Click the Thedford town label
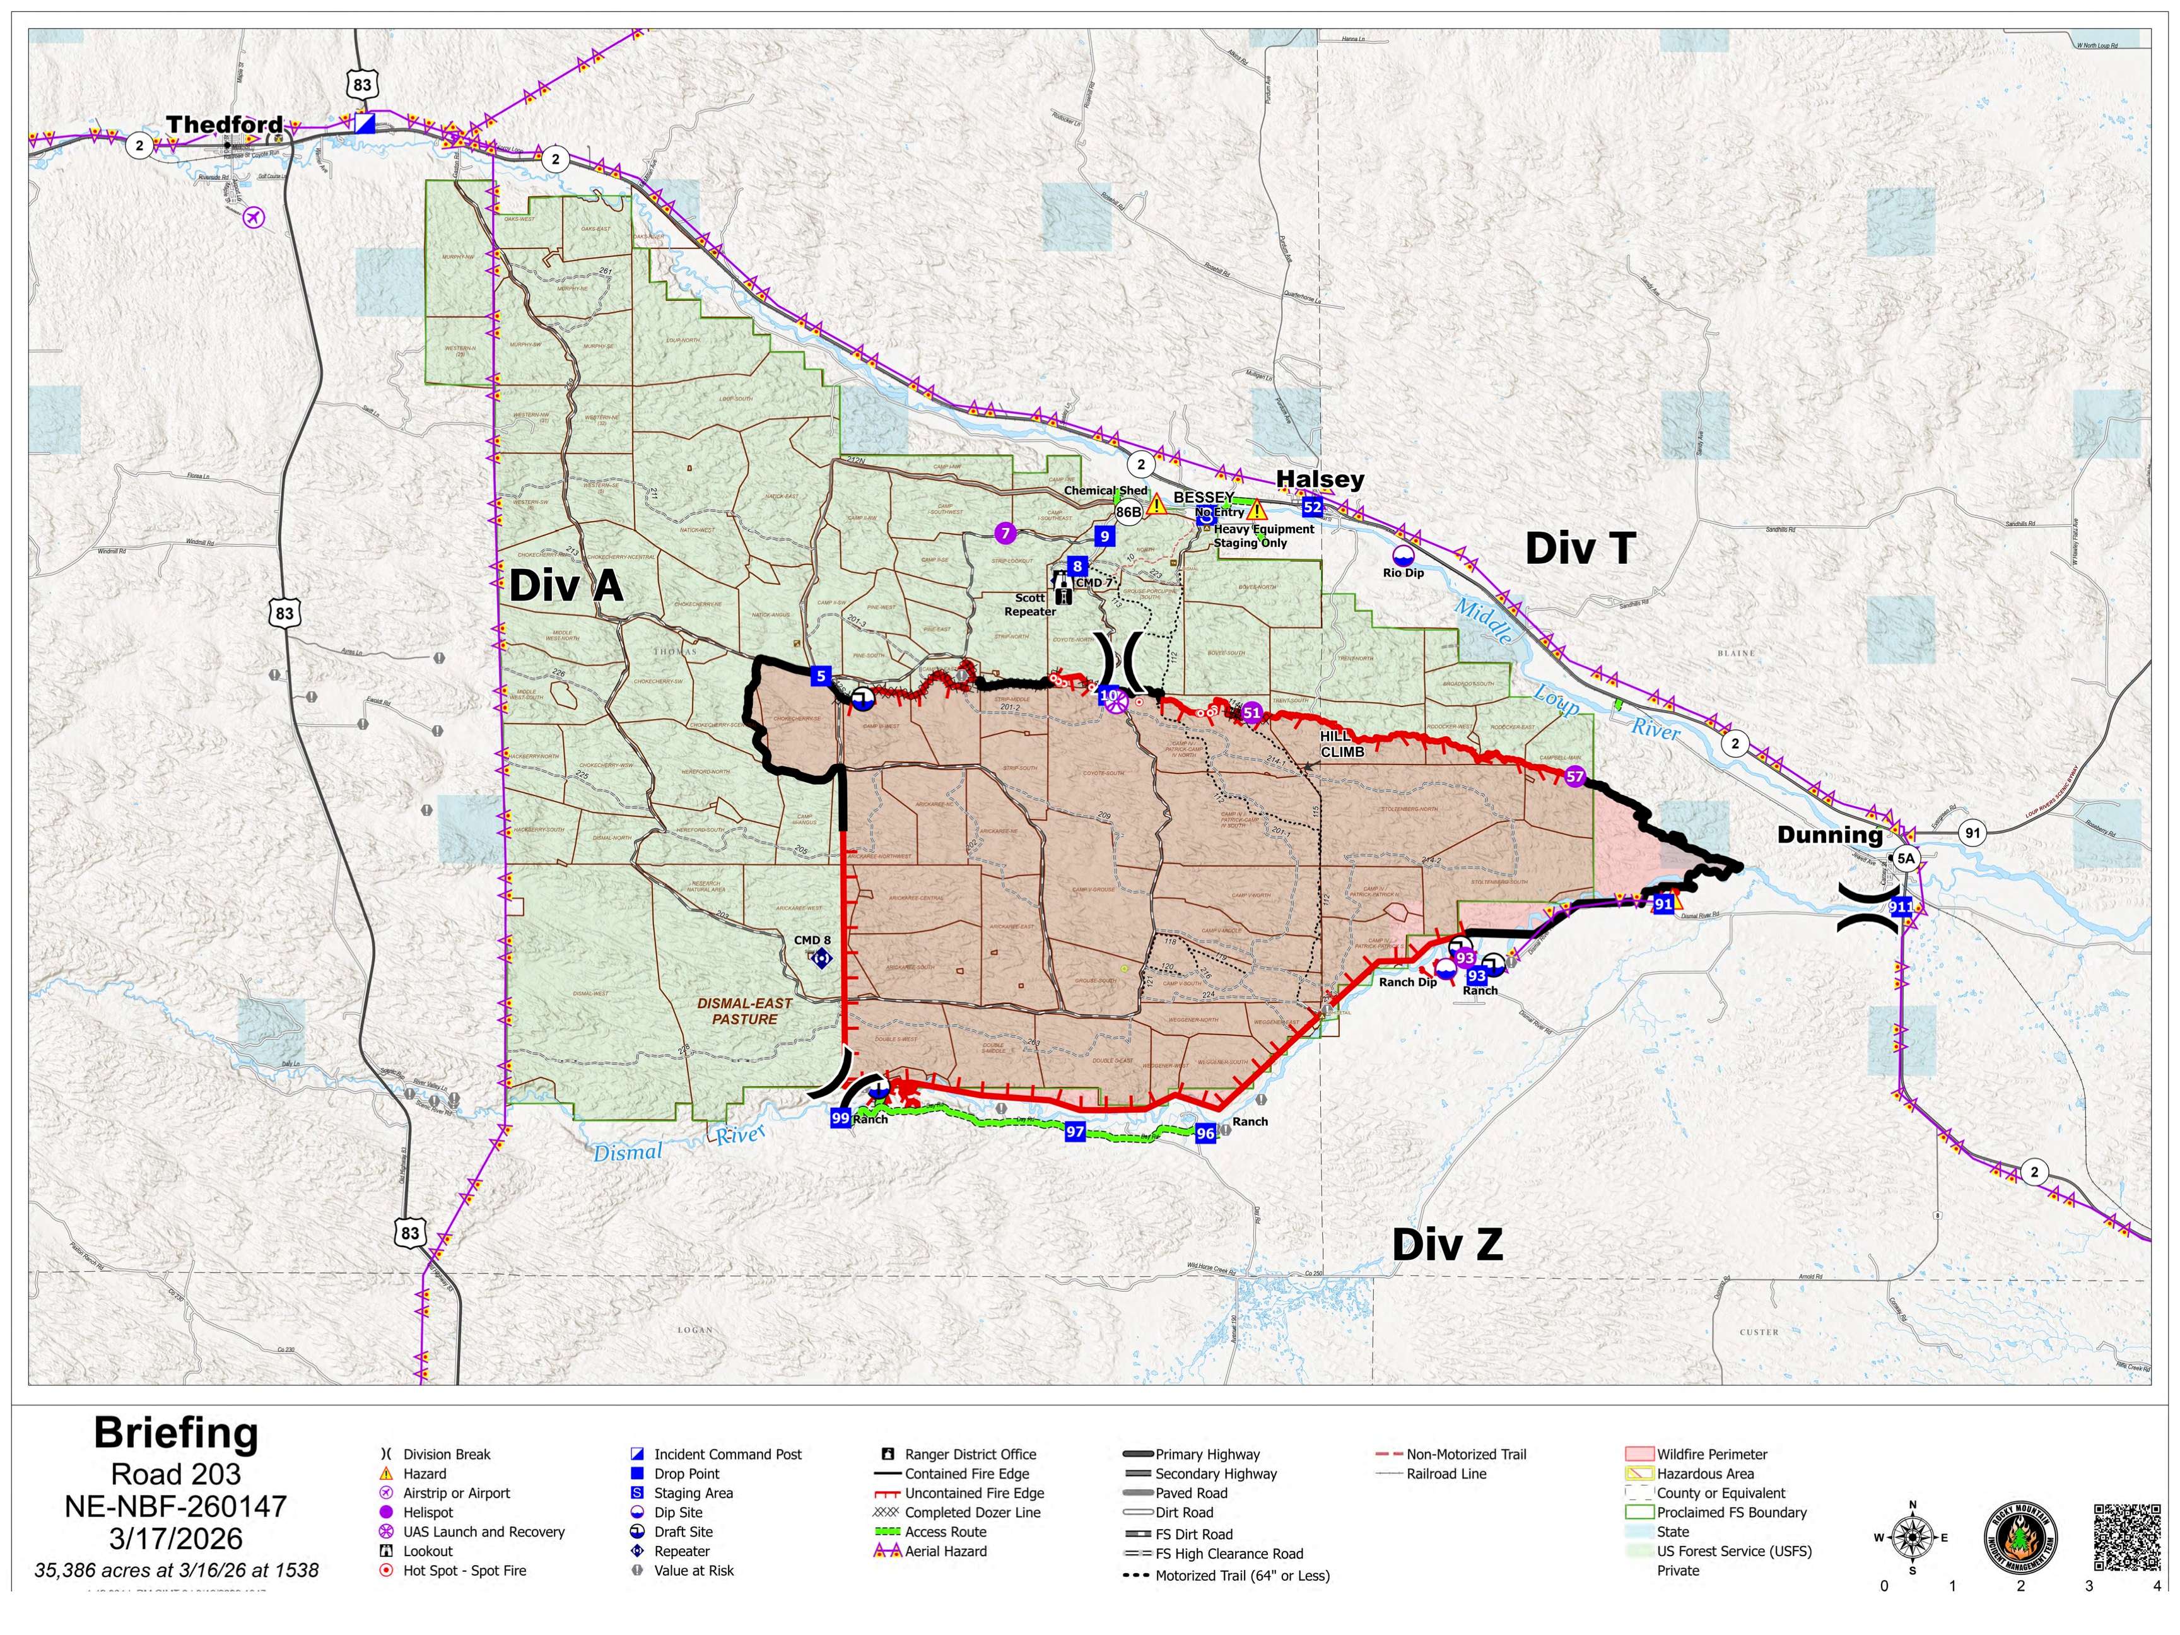tap(225, 125)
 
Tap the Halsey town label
tap(1320, 480)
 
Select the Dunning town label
tap(1829, 835)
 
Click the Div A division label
tap(566, 587)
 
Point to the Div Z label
tap(1447, 1245)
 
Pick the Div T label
tap(1580, 549)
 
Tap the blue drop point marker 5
tap(820, 676)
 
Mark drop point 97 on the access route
tap(1074, 1132)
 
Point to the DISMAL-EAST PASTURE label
tap(745, 1011)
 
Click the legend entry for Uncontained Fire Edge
tap(974, 1493)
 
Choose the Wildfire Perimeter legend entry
tap(1711, 1455)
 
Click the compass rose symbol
tap(1912, 1537)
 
